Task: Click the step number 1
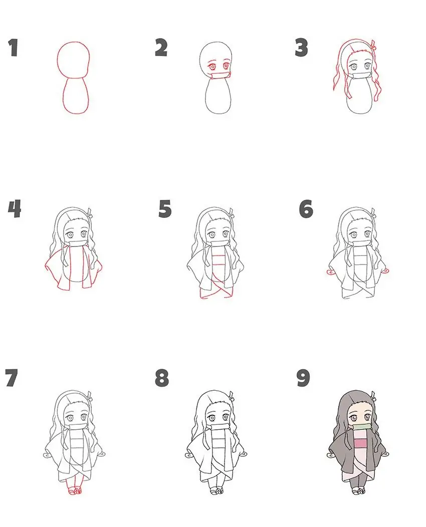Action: pos(13,48)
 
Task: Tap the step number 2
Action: pos(161,48)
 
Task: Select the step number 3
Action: pos(301,48)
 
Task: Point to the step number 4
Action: pos(15,209)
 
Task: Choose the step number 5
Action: pos(165,209)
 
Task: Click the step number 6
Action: pos(306,209)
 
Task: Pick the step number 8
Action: pos(161,378)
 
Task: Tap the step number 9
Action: pos(303,378)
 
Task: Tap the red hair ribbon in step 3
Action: pos(372,47)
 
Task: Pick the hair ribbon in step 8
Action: pos(232,396)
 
